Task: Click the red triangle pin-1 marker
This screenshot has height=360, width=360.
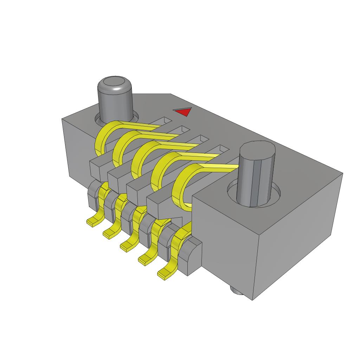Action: tap(183, 112)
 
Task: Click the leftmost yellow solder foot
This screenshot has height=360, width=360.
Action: tap(93, 221)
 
